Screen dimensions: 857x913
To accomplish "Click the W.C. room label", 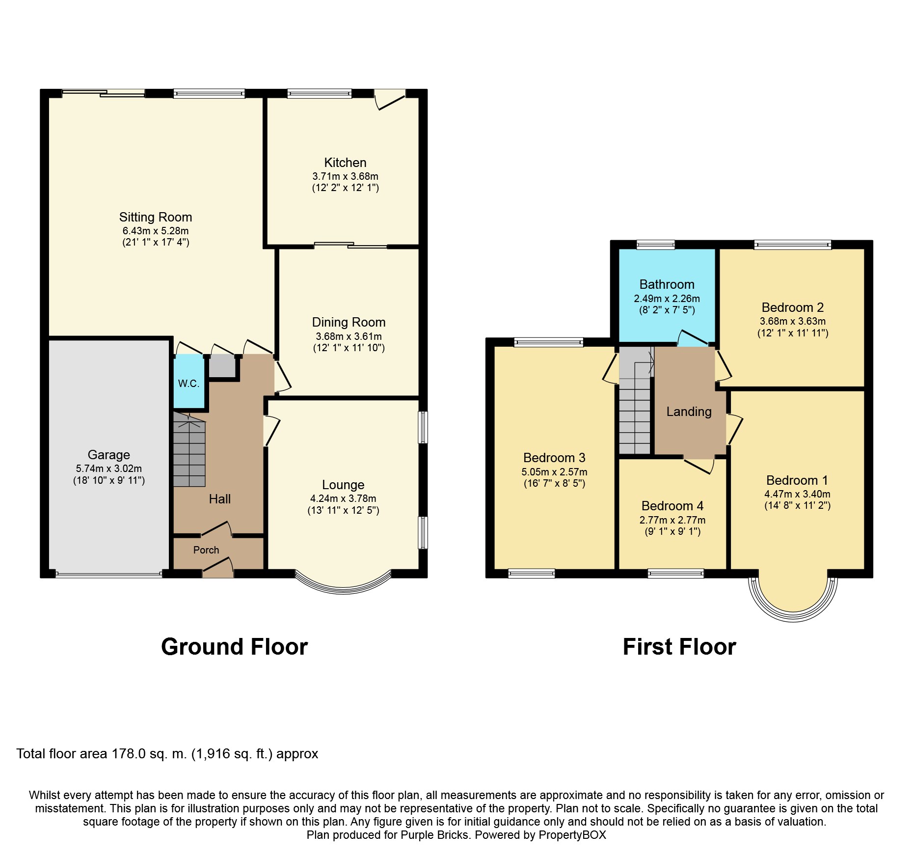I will click(188, 384).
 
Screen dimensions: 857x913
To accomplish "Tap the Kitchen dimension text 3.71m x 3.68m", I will click(345, 176).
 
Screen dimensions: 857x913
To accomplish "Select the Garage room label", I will click(108, 455).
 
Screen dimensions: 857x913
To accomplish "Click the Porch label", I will click(206, 550).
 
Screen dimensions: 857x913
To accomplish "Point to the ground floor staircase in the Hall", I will click(189, 452).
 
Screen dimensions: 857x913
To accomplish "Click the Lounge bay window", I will click(343, 584).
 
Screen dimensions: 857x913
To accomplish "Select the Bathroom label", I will click(667, 284).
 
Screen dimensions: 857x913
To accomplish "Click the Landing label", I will click(689, 412).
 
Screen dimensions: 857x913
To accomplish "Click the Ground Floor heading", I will click(234, 647).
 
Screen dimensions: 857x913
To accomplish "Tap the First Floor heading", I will click(679, 647).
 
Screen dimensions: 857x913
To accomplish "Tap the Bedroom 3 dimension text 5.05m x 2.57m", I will click(554, 472).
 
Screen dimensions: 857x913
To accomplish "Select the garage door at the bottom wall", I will click(108, 574).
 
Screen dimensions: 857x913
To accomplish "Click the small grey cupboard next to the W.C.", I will click(222, 366).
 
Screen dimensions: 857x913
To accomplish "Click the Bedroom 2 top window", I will click(792, 245).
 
